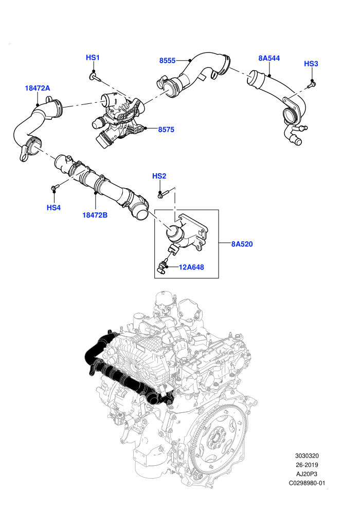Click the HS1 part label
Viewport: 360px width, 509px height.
coord(93,58)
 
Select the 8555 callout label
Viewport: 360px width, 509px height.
coord(167,61)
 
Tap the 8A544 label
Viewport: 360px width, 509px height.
coord(269,59)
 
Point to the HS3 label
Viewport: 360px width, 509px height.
coord(311,64)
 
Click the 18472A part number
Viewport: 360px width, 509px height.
coord(38,88)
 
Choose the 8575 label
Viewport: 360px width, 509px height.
coord(166,130)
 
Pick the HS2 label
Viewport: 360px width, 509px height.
coord(159,176)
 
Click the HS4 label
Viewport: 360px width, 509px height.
coord(53,208)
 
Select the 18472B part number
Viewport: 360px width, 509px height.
coord(95,215)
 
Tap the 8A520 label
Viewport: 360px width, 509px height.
coord(242,244)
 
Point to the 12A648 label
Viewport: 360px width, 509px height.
coord(191,267)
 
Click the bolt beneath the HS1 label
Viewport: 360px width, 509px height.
coord(95,77)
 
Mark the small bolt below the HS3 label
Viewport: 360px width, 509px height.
coord(311,85)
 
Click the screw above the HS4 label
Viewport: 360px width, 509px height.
coord(55,187)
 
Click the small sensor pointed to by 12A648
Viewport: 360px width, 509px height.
coord(161,267)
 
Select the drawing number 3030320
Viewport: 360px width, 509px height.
coord(307,456)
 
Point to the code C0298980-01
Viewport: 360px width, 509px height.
coord(307,483)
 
